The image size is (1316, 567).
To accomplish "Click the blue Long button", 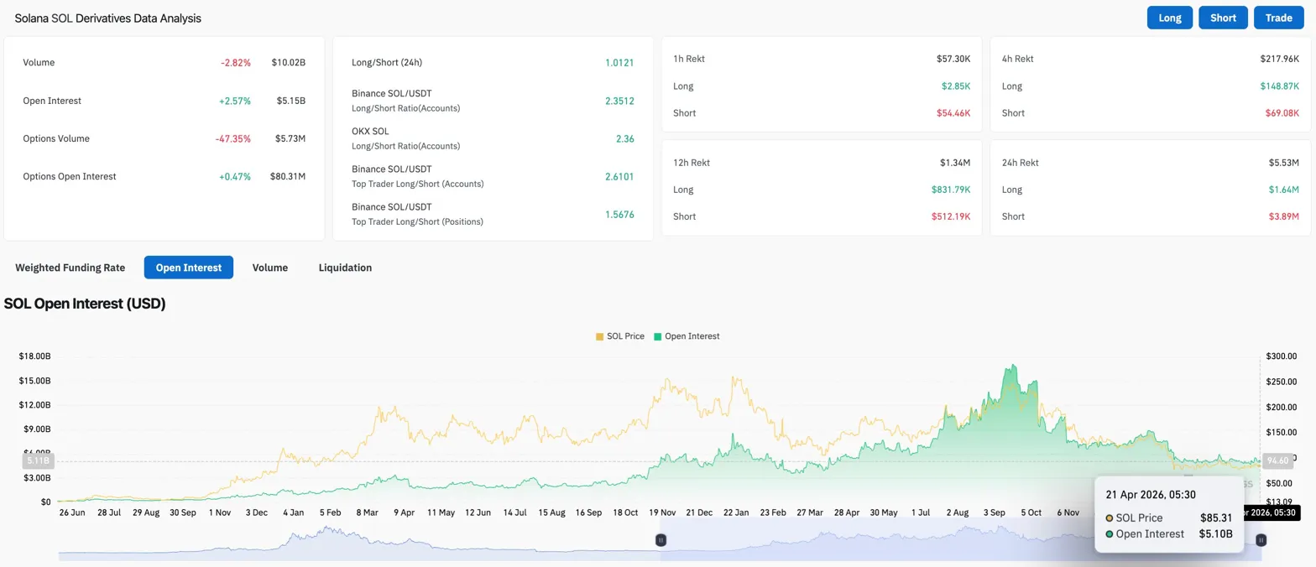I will (1170, 18).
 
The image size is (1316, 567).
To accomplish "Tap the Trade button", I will (1278, 18).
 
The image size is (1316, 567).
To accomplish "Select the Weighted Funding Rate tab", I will (70, 268).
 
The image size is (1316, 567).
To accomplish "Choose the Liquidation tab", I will (345, 268).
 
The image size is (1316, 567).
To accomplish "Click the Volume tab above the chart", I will (270, 268).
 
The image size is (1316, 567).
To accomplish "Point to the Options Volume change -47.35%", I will (236, 138).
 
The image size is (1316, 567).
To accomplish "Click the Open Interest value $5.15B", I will (291, 101).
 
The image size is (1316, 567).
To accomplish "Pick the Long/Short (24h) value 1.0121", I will (619, 63).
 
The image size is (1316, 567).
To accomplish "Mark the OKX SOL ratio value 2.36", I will (624, 138).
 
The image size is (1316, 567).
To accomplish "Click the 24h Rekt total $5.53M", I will (1283, 163).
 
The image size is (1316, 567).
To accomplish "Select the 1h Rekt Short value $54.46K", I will (953, 112).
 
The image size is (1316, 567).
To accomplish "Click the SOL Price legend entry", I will (620, 336).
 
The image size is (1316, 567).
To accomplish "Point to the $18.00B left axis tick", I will (34, 356).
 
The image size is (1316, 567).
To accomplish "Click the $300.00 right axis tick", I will (1282, 356).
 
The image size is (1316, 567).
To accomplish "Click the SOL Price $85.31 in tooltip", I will (1216, 518).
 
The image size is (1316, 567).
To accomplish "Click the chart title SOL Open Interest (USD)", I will (85, 304).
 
